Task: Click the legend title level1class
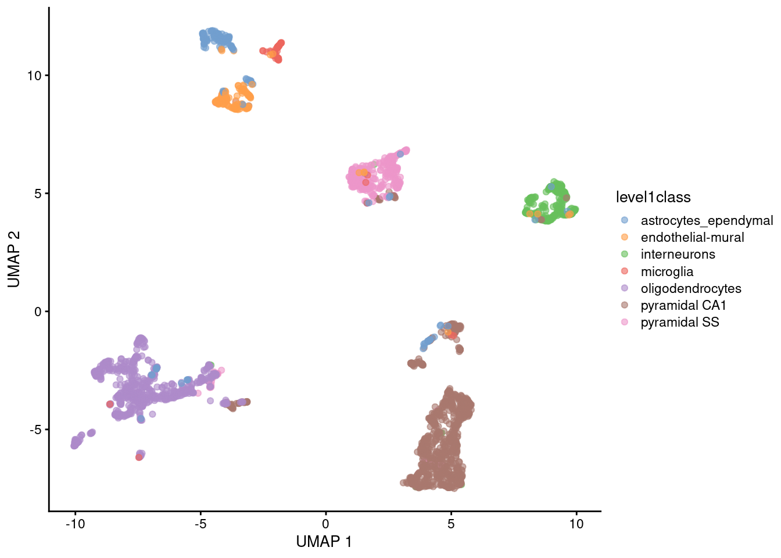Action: [x=653, y=198]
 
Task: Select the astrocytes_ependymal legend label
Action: [x=707, y=221]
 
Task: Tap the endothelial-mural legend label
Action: [x=692, y=238]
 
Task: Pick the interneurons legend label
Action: [x=678, y=255]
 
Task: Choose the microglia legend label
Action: [x=667, y=271]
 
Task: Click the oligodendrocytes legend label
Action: [x=691, y=288]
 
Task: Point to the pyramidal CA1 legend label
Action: [x=683, y=305]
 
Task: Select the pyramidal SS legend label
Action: [x=680, y=323]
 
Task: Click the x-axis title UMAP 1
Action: [x=324, y=542]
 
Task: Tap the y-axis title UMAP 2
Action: [x=14, y=259]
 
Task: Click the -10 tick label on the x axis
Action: [x=74, y=524]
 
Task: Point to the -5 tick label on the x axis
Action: [x=200, y=524]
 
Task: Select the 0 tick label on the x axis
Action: [x=325, y=524]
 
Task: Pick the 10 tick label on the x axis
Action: [x=576, y=524]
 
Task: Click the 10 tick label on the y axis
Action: [x=34, y=76]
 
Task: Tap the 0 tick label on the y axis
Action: [x=38, y=312]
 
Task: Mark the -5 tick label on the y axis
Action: [x=34, y=430]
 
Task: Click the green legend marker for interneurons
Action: [x=625, y=255]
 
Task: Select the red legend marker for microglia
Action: [x=625, y=271]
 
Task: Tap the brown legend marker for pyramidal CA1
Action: [x=625, y=305]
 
